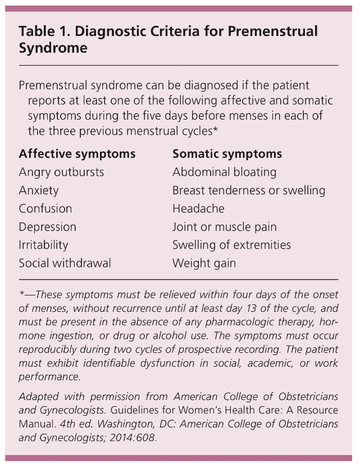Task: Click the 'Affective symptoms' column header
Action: tap(77, 153)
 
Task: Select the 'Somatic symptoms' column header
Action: tap(227, 153)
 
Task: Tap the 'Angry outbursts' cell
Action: tap(61, 172)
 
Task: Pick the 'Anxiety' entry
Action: tap(39, 190)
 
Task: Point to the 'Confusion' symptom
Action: tap(45, 208)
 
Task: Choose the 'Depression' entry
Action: tap(47, 227)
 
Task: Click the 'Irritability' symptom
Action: tap(43, 245)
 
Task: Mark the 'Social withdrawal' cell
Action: tap(65, 263)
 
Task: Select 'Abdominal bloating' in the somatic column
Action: tap(224, 172)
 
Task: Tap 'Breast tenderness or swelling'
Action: tap(249, 190)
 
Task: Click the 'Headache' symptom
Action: tap(198, 208)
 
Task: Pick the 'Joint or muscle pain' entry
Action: tap(225, 227)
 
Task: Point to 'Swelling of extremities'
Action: tap(231, 245)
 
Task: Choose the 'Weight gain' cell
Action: tap(204, 263)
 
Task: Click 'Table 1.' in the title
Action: tap(41, 31)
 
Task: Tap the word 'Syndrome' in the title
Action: tap(53, 48)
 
